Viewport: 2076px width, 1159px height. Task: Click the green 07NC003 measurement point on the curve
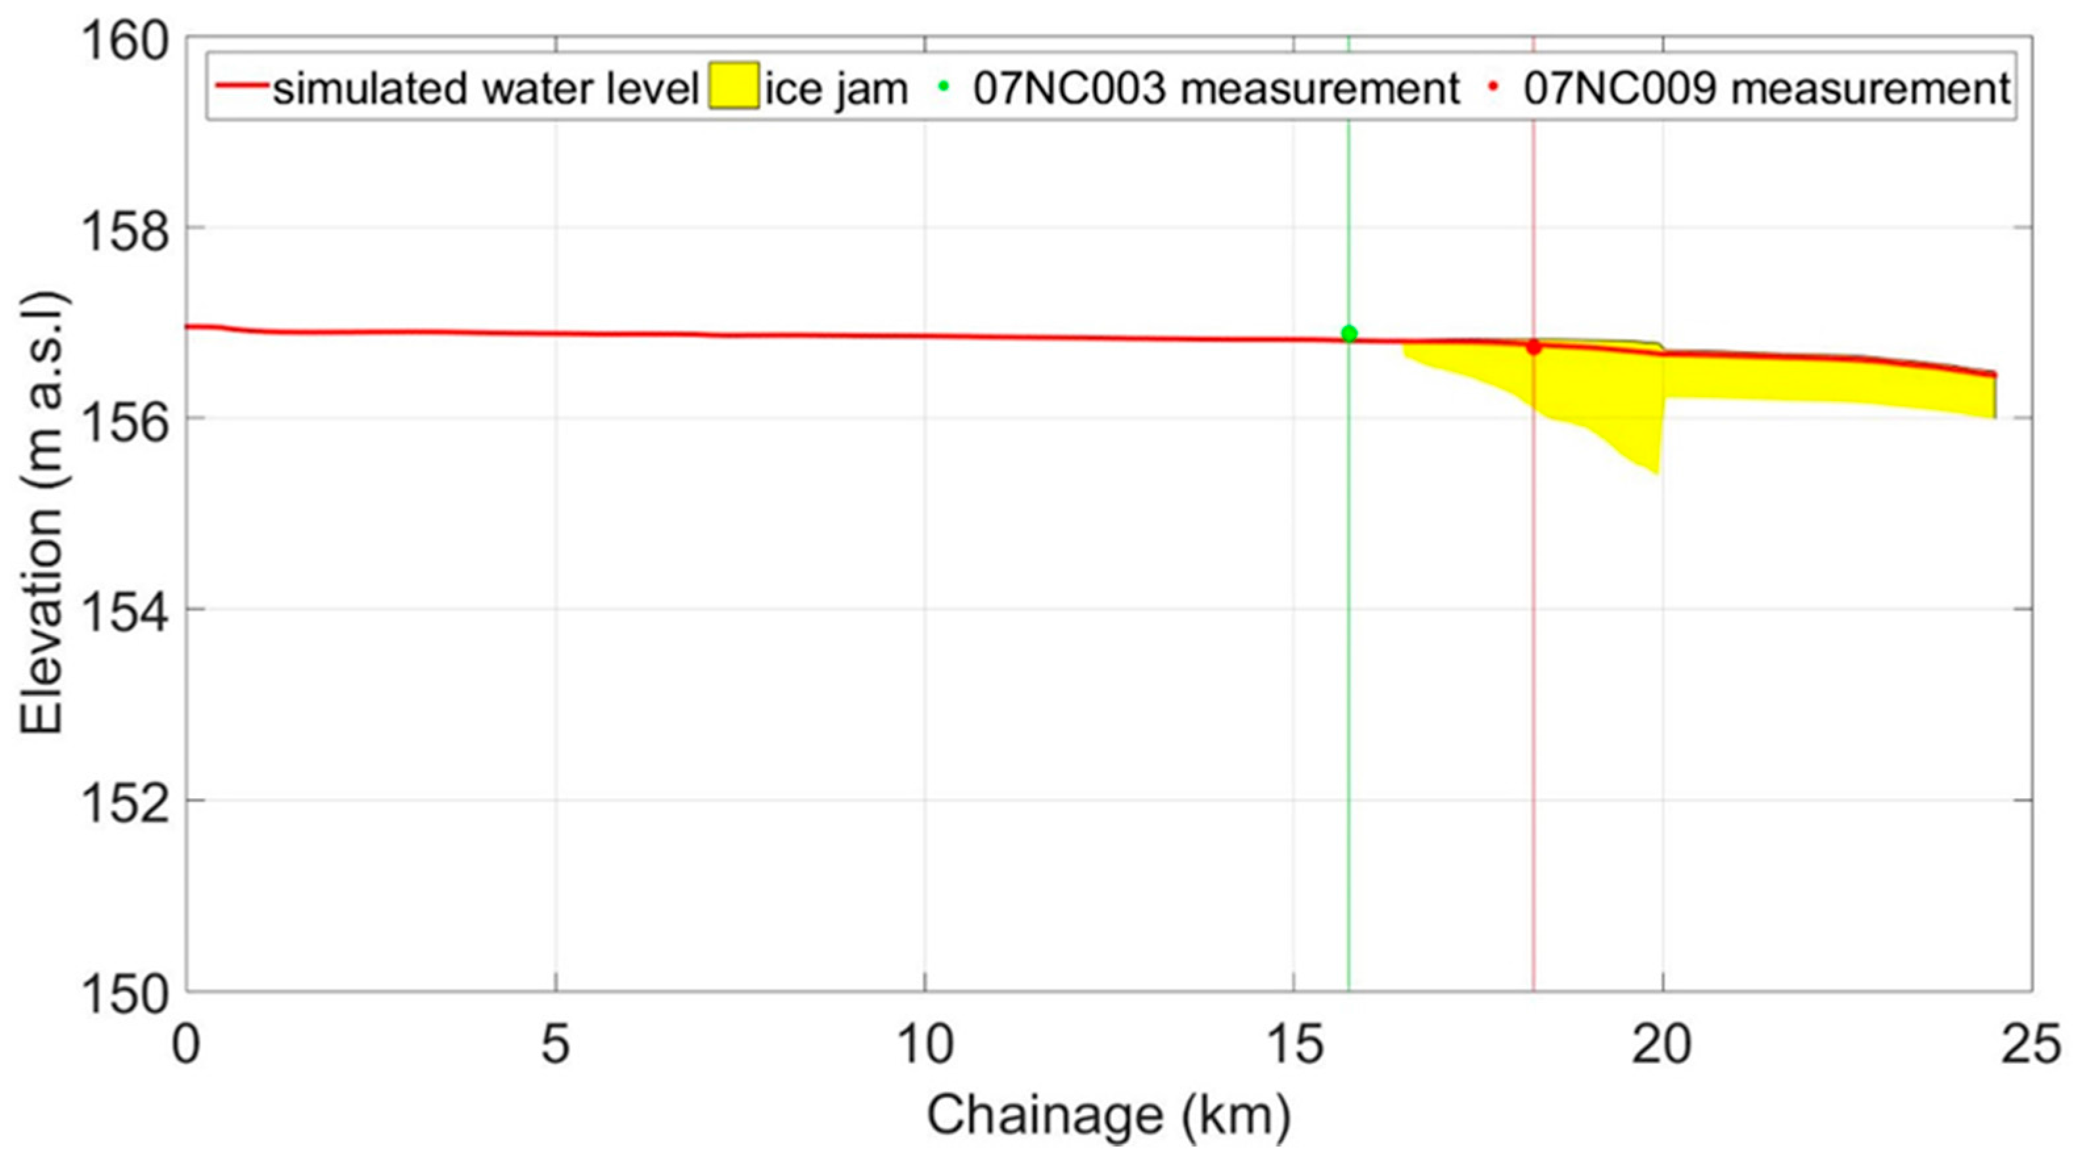[1349, 334]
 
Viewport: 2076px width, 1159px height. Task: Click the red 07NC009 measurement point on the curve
[1534, 347]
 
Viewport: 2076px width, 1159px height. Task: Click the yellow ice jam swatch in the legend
[733, 86]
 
